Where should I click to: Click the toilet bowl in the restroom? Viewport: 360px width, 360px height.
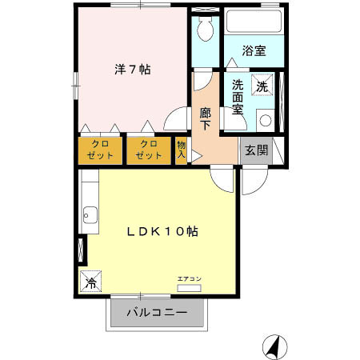click(206, 29)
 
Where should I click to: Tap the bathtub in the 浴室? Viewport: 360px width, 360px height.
click(254, 22)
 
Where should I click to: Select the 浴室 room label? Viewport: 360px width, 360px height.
click(254, 50)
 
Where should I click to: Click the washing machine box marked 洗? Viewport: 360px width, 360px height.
click(262, 85)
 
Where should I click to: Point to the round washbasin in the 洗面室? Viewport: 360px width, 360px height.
click(266, 120)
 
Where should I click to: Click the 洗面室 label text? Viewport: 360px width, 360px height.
click(238, 97)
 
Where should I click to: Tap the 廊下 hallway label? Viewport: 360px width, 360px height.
click(206, 118)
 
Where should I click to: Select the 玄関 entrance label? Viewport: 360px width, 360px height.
click(257, 150)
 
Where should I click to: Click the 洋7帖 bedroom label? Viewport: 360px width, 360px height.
click(133, 70)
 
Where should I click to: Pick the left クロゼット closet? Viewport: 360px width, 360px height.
click(100, 150)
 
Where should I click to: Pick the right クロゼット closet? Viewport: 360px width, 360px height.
click(149, 150)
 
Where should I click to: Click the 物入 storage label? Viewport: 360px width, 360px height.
click(182, 150)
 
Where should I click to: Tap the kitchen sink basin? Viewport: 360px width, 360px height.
click(90, 215)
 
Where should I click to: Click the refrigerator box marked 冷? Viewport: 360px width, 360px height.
click(90, 281)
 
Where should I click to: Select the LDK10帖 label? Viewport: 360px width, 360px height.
click(162, 231)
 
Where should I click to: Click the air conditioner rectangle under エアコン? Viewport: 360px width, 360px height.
click(189, 288)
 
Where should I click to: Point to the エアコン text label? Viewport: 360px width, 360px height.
click(190, 279)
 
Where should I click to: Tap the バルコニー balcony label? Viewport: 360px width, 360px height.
click(157, 312)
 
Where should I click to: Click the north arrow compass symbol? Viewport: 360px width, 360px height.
click(275, 347)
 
